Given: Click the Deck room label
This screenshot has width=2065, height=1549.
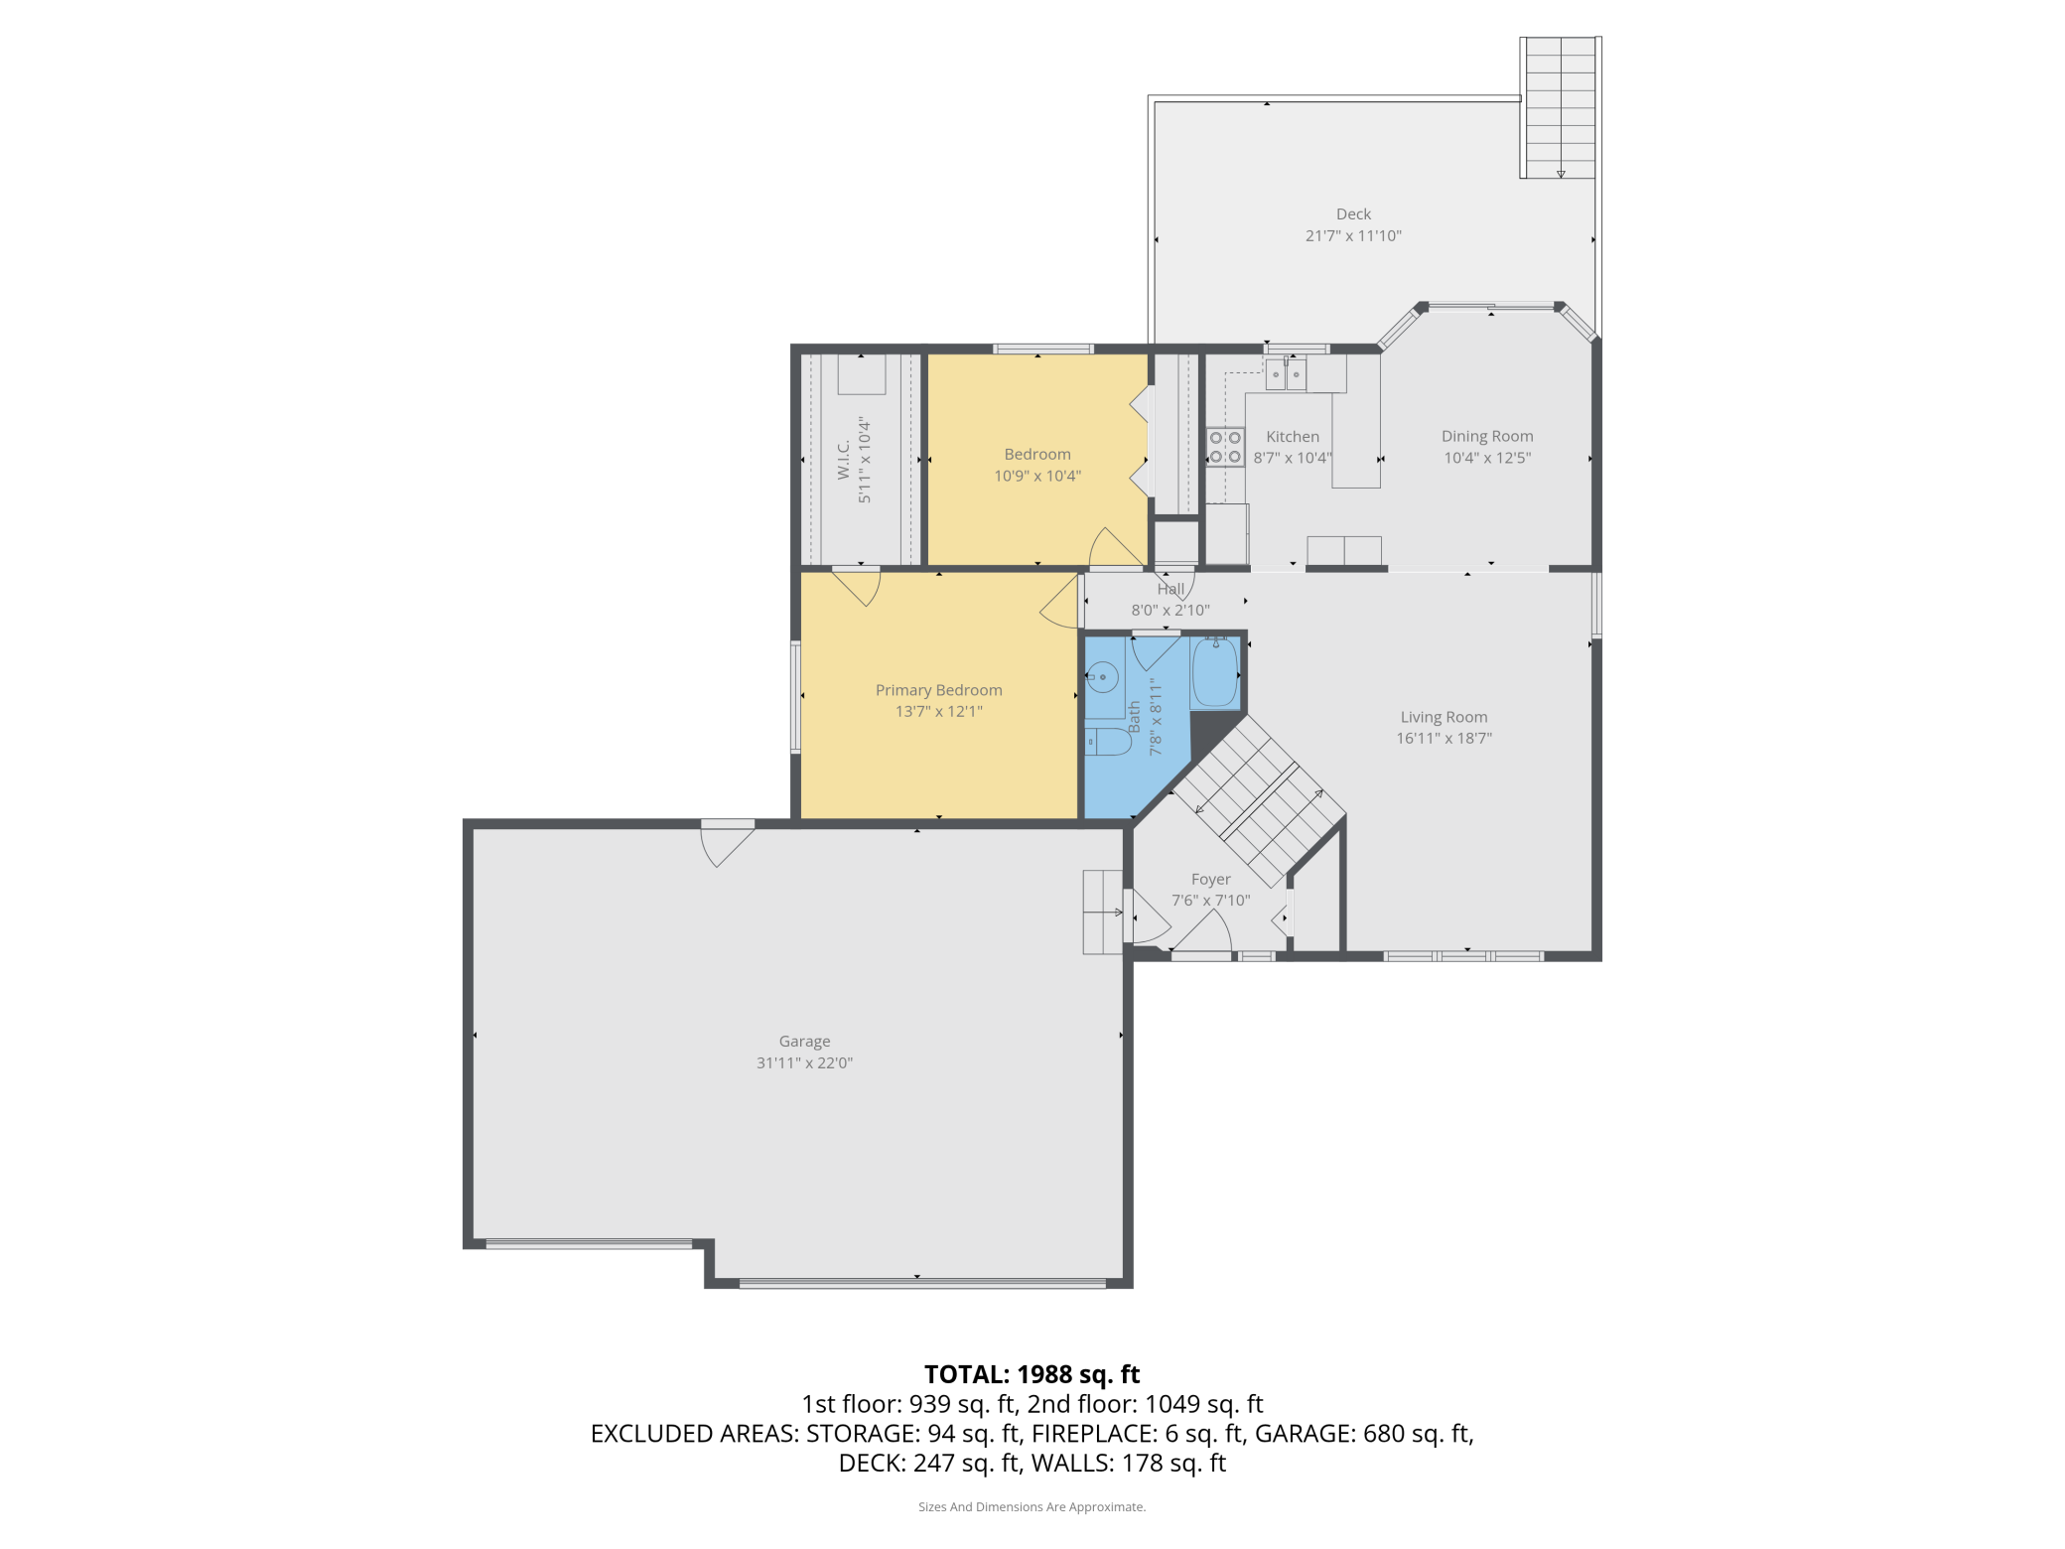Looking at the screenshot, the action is tap(1353, 214).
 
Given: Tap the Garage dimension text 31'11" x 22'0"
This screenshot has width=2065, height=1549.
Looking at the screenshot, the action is tap(804, 1062).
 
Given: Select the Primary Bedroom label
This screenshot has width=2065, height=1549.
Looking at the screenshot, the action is tap(939, 690).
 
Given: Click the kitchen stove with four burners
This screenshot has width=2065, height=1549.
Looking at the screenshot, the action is tap(1225, 447).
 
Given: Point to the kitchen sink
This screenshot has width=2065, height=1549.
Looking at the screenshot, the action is tap(1286, 374).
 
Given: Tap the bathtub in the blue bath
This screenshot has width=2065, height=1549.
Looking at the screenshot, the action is tap(1215, 672).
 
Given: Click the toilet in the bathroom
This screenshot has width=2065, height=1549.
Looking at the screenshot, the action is tap(1108, 742).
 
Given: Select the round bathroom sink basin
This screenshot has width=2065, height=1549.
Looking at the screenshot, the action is tap(1102, 677).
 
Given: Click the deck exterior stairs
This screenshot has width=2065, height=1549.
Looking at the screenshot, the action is tap(1560, 108).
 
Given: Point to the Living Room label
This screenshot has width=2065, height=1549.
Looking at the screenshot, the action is tap(1444, 717).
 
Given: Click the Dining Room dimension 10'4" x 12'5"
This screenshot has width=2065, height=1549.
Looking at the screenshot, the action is tap(1487, 458).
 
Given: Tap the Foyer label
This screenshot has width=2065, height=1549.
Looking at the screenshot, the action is tap(1210, 880).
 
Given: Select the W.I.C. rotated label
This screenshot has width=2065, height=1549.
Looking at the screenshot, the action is tap(843, 460).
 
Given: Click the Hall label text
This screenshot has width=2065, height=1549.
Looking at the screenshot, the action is tap(1170, 589).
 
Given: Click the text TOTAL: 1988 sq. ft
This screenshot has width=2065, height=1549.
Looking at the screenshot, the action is tap(1032, 1374).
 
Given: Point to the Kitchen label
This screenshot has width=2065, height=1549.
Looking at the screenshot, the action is tap(1293, 437).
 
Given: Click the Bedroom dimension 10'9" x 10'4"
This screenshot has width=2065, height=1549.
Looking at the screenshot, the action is tap(1037, 476).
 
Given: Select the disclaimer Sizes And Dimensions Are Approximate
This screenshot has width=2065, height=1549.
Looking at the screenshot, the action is tap(1032, 1507).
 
